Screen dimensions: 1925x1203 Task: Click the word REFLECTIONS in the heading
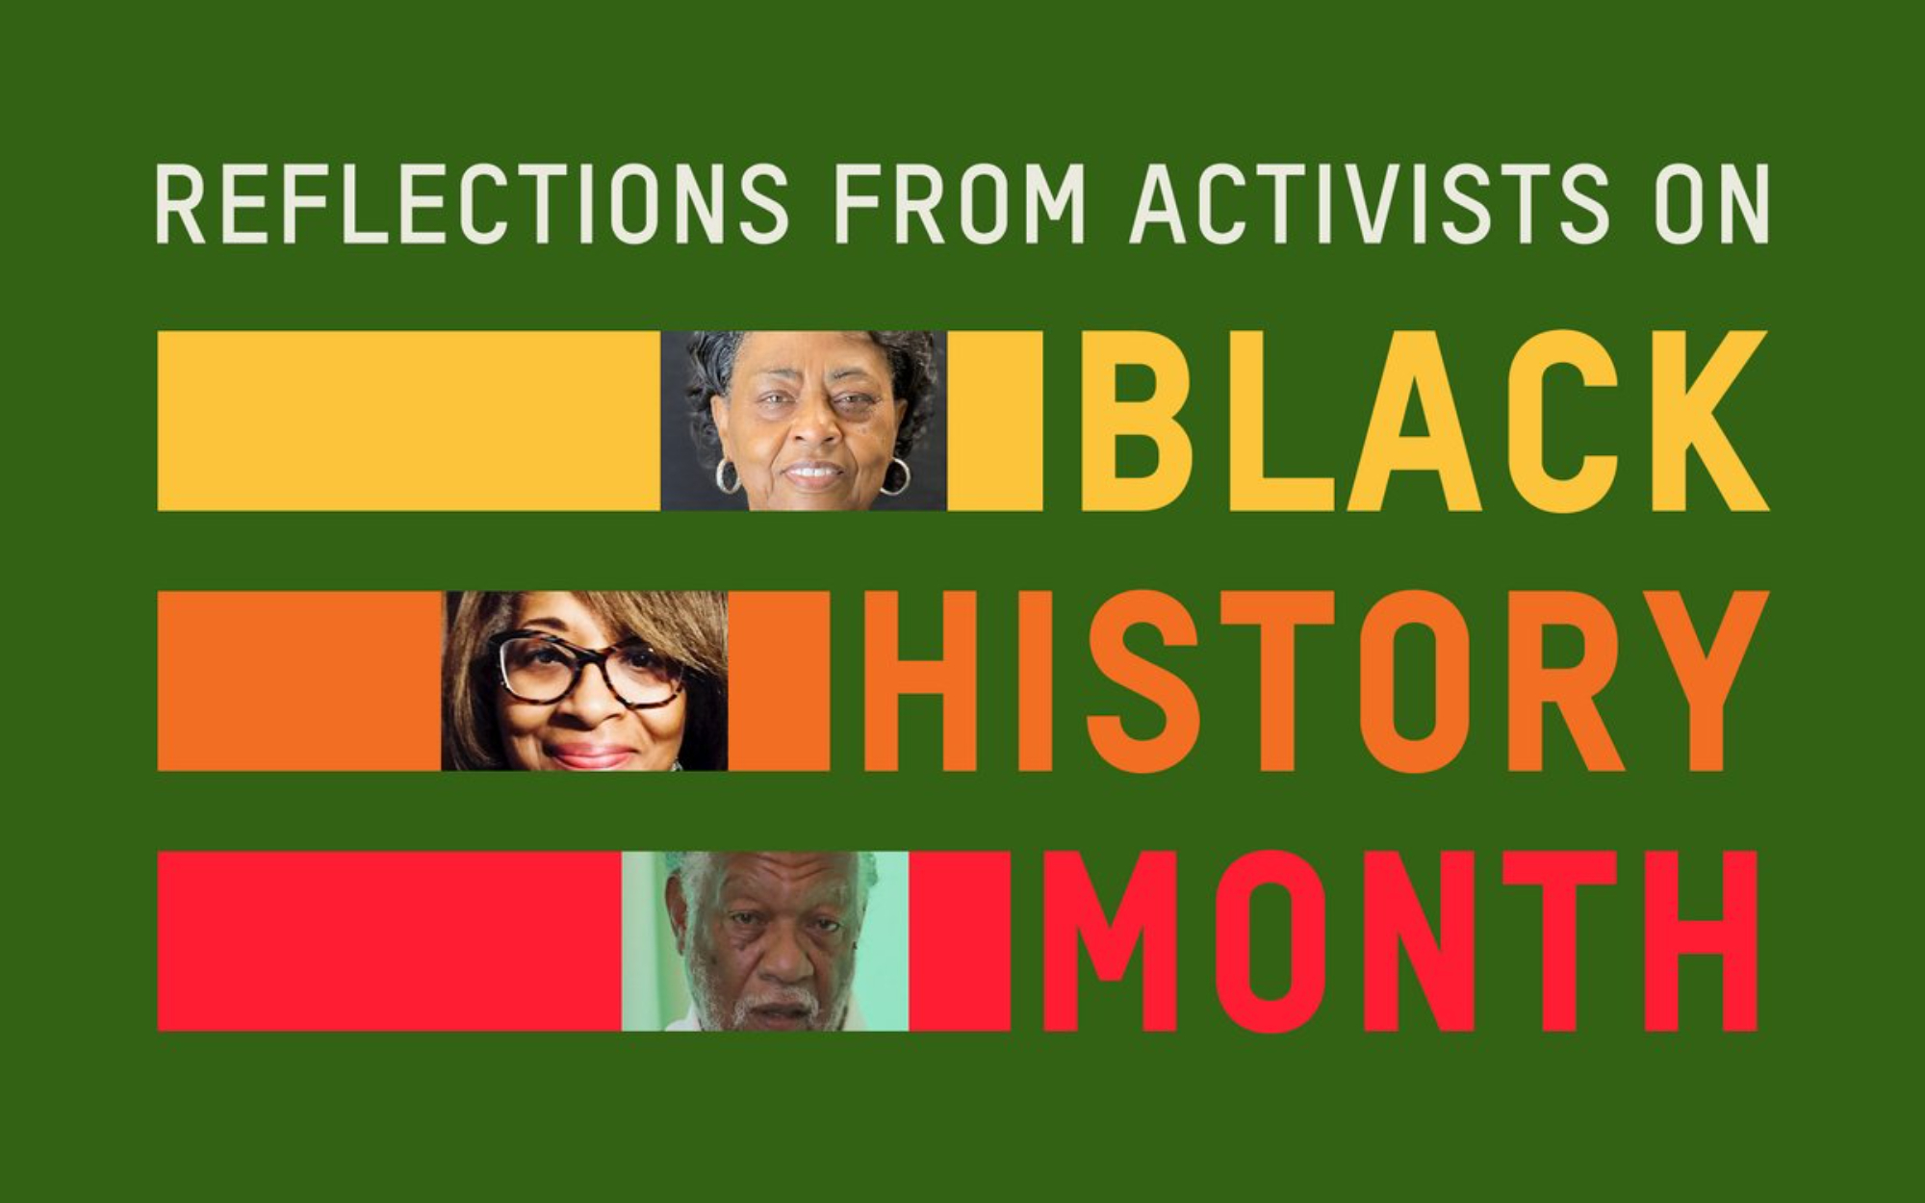(472, 204)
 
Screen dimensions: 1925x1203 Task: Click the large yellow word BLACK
(1424, 421)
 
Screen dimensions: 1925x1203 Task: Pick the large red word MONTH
(1401, 941)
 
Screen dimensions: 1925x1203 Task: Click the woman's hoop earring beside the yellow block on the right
(894, 475)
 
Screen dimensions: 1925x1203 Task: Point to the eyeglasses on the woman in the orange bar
(589, 668)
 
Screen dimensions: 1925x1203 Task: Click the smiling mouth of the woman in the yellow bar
(813, 473)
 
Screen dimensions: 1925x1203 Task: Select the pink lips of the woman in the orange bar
(589, 755)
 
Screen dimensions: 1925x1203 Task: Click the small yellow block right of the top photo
(994, 421)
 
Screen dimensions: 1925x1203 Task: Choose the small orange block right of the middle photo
(779, 681)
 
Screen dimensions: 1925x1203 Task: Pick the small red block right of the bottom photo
(960, 941)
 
